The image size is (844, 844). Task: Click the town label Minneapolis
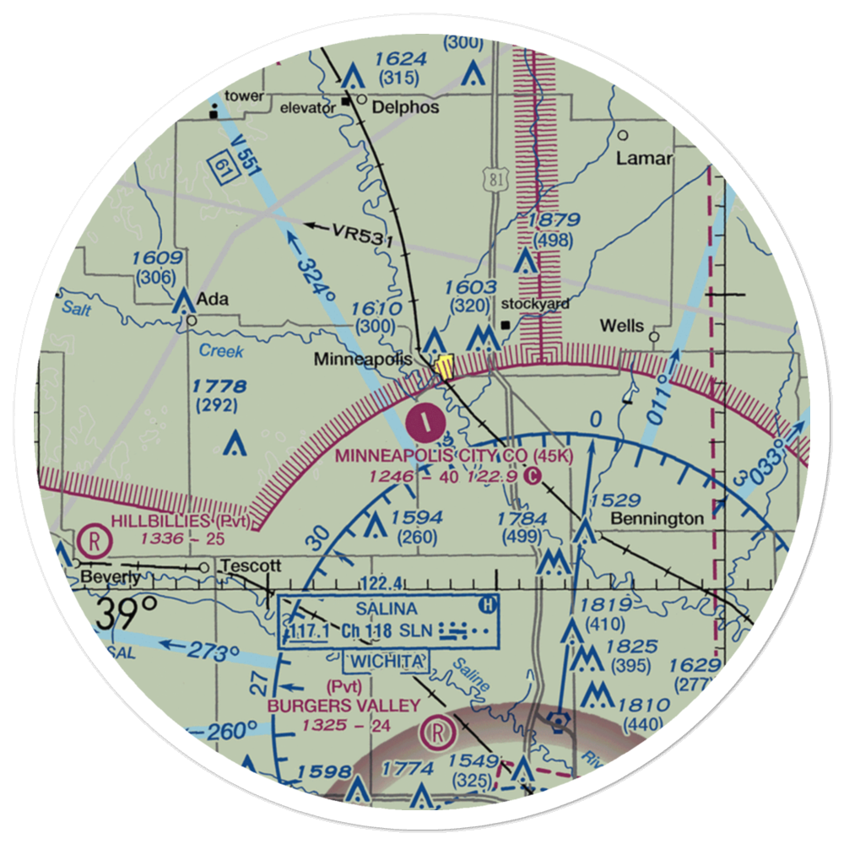(363, 360)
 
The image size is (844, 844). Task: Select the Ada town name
(212, 299)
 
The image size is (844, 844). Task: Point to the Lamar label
(644, 158)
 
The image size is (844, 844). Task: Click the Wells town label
(621, 326)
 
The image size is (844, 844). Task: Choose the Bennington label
(657, 517)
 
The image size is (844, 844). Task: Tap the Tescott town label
(250, 566)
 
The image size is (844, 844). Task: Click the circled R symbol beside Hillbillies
(89, 538)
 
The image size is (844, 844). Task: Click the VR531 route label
(363, 233)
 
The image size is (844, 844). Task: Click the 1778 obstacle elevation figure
(219, 387)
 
